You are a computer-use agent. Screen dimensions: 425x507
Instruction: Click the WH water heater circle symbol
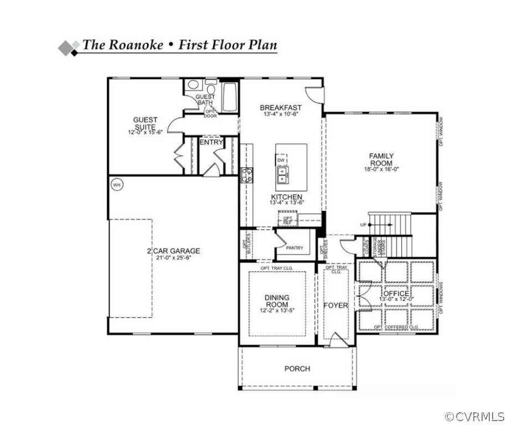116,184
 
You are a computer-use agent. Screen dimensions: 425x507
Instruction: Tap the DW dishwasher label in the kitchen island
281,160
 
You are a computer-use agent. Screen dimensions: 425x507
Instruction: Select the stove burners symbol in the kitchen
247,175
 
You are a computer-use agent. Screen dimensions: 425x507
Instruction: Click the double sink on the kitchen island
283,175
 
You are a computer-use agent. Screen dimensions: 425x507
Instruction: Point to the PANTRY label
294,248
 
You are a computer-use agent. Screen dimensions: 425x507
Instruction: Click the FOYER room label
336,305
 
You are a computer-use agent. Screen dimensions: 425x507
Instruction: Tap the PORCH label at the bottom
297,369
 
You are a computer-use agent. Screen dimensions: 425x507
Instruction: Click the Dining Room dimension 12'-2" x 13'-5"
277,310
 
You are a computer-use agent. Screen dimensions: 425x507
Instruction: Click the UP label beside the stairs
363,225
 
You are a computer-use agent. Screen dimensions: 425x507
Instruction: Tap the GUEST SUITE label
145,123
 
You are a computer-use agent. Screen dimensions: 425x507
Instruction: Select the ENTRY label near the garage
211,142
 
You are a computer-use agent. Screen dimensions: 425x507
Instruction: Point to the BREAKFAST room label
281,107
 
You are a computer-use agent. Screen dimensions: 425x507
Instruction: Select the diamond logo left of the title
69,48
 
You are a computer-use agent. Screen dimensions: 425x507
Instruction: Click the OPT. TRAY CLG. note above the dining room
277,268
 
